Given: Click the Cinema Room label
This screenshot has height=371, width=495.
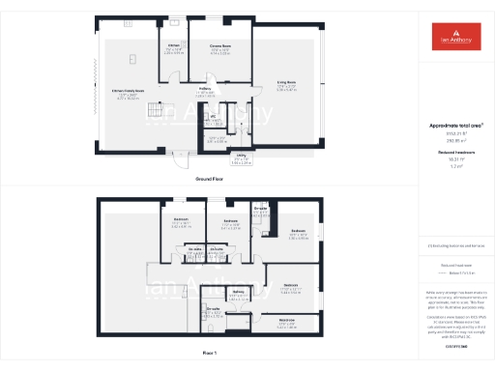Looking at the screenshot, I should tap(220, 46).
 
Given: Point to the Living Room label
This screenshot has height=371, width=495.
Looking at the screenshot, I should tap(286, 84).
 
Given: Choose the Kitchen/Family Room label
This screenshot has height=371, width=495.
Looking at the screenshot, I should tap(126, 91).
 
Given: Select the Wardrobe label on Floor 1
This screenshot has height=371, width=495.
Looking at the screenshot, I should tap(287, 320).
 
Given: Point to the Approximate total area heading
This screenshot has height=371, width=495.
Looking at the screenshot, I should tap(449, 126).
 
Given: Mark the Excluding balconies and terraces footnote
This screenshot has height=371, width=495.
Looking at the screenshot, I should tap(449, 247).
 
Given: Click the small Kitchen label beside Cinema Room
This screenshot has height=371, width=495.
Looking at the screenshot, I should tap(174, 46).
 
